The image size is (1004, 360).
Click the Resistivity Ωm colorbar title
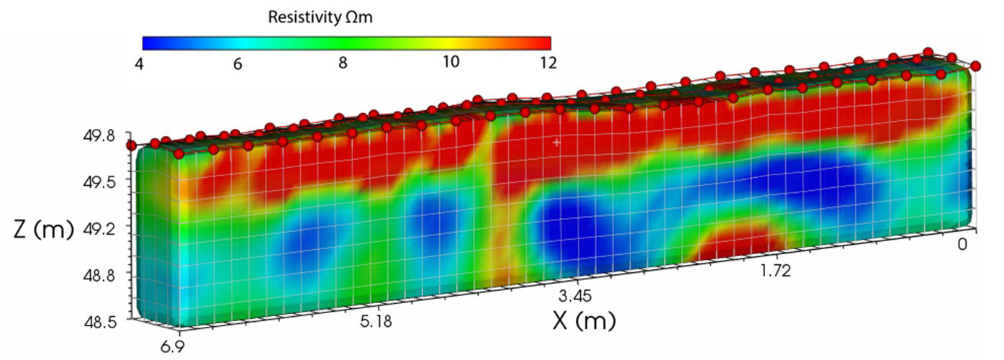pyautogui.click(x=320, y=17)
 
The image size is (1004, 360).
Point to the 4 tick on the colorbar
pyautogui.click(x=140, y=64)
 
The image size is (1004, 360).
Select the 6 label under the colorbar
pyautogui.click(x=238, y=64)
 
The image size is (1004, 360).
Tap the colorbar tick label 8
pyautogui.click(x=343, y=63)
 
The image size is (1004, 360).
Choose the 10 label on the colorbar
pyautogui.click(x=451, y=62)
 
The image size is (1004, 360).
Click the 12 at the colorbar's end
pyautogui.click(x=548, y=63)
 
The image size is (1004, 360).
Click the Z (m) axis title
pyautogui.click(x=43, y=229)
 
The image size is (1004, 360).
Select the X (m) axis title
pyautogui.click(x=584, y=320)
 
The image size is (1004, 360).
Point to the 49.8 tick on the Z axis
pyautogui.click(x=99, y=135)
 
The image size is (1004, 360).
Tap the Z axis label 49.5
pyautogui.click(x=99, y=182)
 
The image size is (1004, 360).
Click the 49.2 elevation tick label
pyautogui.click(x=99, y=229)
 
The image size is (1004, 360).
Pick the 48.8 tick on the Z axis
pyautogui.click(x=99, y=275)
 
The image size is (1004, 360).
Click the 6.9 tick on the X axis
pyautogui.click(x=173, y=346)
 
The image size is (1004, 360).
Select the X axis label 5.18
pyautogui.click(x=376, y=321)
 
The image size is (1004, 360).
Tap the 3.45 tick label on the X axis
pyautogui.click(x=574, y=296)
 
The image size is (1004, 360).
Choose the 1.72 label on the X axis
pyautogui.click(x=776, y=271)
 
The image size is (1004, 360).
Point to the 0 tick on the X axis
pyautogui.click(x=962, y=244)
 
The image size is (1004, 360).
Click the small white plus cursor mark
pyautogui.click(x=556, y=142)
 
